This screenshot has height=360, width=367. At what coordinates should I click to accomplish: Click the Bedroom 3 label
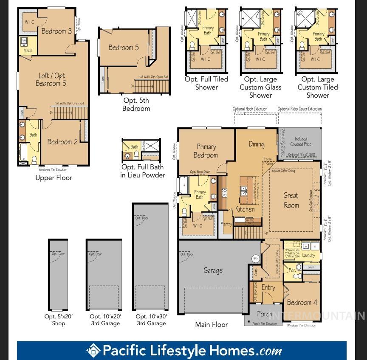[56, 31]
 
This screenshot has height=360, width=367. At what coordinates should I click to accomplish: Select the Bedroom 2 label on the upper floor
[62, 142]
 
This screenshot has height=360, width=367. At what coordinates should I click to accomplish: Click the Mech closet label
[28, 51]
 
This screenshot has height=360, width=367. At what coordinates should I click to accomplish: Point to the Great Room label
[291, 200]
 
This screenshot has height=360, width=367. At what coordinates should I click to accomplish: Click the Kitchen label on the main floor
[245, 209]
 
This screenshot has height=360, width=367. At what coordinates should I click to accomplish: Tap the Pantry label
[227, 224]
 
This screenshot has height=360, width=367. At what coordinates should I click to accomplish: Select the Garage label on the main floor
[213, 270]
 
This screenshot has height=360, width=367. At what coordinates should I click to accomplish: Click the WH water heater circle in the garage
[255, 258]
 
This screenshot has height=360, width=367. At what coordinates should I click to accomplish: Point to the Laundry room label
[308, 256]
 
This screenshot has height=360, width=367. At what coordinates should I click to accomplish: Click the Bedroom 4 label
[302, 303]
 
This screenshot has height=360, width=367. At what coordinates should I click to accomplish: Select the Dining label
[257, 144]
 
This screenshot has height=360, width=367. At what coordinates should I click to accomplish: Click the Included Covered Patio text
[301, 142]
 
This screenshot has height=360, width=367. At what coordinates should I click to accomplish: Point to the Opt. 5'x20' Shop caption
[59, 320]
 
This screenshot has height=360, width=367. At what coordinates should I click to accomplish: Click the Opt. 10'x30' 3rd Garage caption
[151, 320]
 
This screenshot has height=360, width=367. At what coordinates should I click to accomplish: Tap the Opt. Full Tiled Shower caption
[206, 83]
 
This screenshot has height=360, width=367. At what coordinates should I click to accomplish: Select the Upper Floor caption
[54, 178]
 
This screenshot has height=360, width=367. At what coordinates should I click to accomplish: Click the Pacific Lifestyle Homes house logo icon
[93, 351]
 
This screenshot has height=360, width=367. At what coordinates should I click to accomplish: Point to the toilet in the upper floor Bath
[34, 160]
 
